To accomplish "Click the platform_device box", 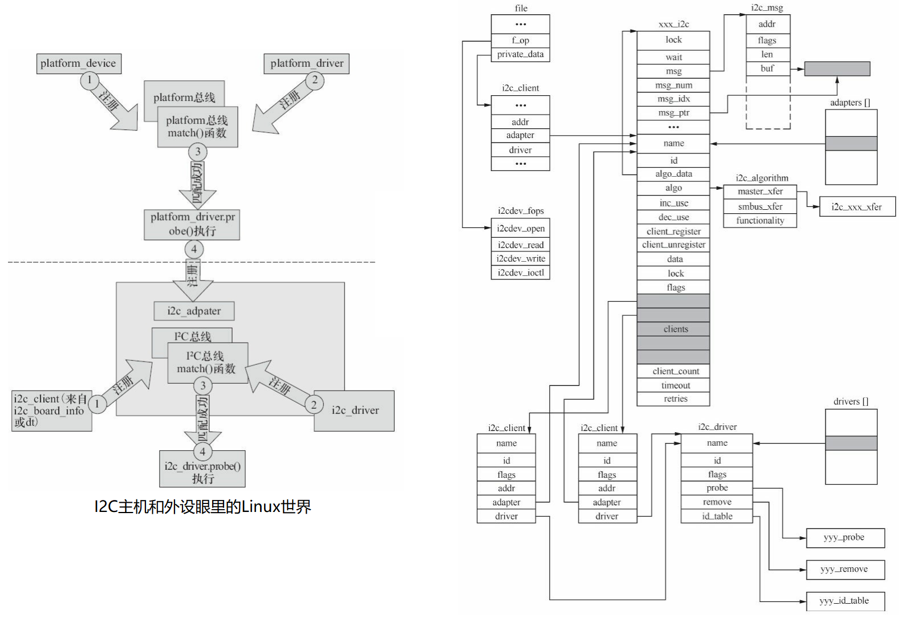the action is pyautogui.click(x=79, y=64).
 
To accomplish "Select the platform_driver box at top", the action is pyautogui.click(x=306, y=64).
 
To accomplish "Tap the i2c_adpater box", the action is pyautogui.click(x=194, y=311).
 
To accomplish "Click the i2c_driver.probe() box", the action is pyautogui.click(x=202, y=471).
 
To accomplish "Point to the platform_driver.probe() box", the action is pyautogui.click(x=192, y=225).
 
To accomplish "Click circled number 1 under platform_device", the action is pyautogui.click(x=90, y=80).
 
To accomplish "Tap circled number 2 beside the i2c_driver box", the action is pyautogui.click(x=314, y=405).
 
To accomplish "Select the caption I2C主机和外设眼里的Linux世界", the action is pyautogui.click(x=202, y=507).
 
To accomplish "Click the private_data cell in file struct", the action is pyautogui.click(x=520, y=54).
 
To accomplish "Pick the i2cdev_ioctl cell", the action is pyautogui.click(x=520, y=273).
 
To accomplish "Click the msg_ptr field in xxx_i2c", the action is pyautogui.click(x=673, y=113).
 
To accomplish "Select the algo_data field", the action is pyautogui.click(x=673, y=174).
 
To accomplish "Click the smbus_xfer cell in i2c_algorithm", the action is pyautogui.click(x=760, y=206).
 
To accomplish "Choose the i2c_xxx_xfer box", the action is pyautogui.click(x=857, y=207).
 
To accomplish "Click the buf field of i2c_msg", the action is pyautogui.click(x=768, y=68).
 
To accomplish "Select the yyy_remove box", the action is pyautogui.click(x=845, y=570).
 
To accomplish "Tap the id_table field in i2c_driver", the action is pyautogui.click(x=717, y=516).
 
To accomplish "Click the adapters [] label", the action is pyautogui.click(x=850, y=102).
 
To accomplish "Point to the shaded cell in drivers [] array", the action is pyautogui.click(x=851, y=443).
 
